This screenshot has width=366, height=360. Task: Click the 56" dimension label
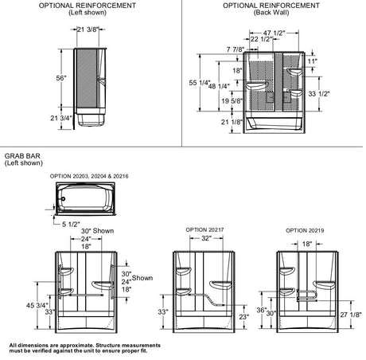(x=61, y=78)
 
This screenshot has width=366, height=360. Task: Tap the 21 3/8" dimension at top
(x=88, y=29)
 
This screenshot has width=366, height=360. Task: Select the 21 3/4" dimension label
(x=61, y=118)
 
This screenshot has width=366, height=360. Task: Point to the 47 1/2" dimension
(x=274, y=33)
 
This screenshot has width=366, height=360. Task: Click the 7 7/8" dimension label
(x=236, y=49)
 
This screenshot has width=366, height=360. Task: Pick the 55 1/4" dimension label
(x=200, y=83)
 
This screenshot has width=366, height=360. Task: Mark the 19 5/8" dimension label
(x=232, y=101)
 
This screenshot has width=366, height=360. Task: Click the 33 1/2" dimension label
(x=319, y=94)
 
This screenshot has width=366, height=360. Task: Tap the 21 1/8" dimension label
(x=232, y=122)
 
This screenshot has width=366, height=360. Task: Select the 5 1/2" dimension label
(x=71, y=225)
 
